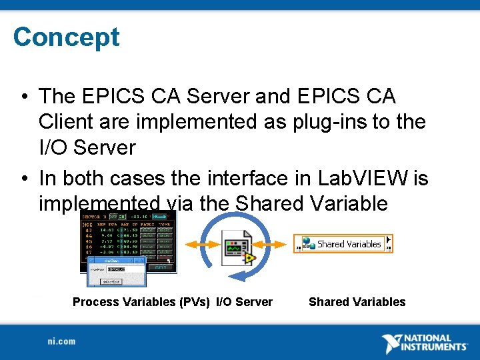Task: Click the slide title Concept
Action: click(x=66, y=37)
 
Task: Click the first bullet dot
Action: click(x=23, y=97)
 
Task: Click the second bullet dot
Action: click(x=23, y=179)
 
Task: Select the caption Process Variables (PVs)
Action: click(x=141, y=302)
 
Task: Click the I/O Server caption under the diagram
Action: click(x=244, y=302)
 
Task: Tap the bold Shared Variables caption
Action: click(x=357, y=302)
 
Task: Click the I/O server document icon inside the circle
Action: click(x=238, y=247)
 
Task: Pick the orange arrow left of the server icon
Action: click(x=197, y=245)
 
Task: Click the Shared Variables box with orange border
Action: click(x=343, y=244)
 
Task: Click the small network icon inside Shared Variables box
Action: click(x=309, y=244)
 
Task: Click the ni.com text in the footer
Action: click(x=61, y=341)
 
